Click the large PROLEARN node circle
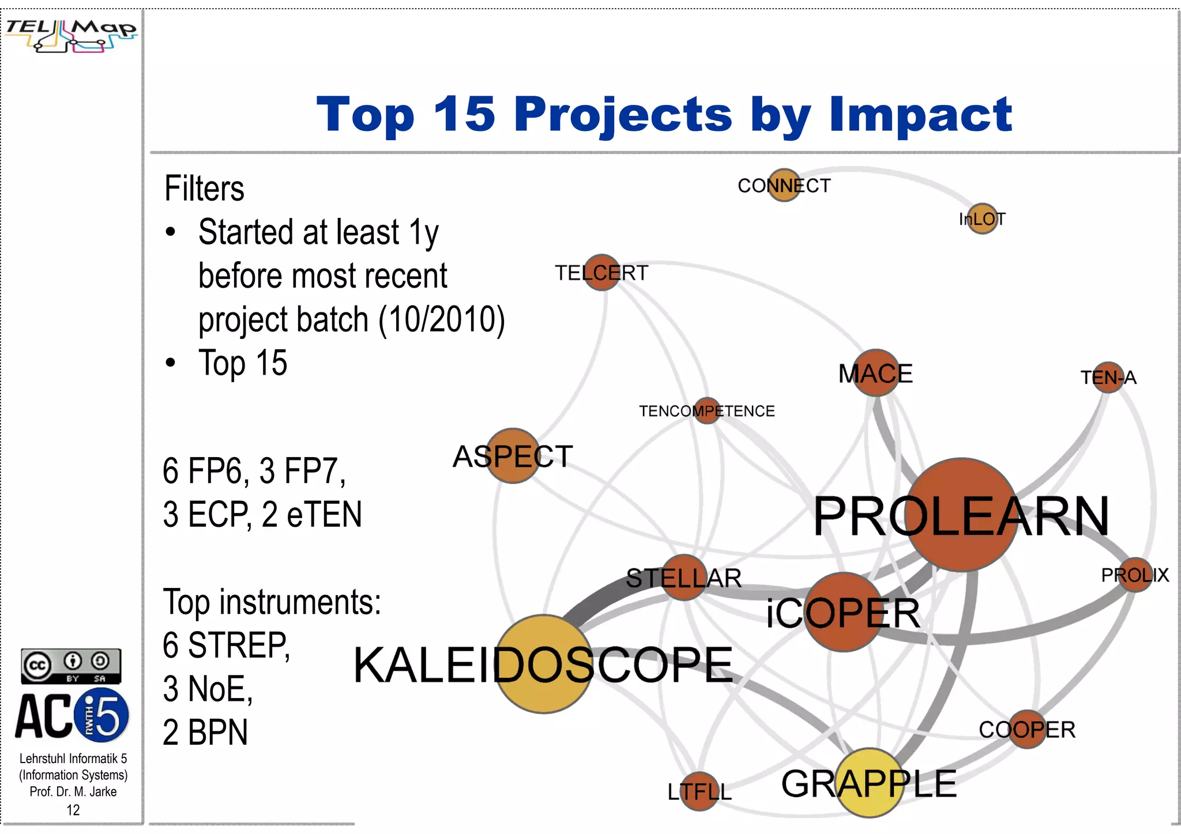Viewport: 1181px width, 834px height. [x=961, y=515]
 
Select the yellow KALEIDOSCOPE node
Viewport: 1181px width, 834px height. [x=544, y=664]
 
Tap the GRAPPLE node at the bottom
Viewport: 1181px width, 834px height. [x=870, y=783]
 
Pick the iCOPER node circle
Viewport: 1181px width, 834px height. [x=843, y=612]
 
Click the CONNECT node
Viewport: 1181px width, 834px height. [x=784, y=185]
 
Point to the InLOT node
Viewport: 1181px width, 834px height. [x=983, y=219]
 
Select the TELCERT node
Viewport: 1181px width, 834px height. [x=601, y=273]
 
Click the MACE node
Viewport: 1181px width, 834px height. [x=876, y=373]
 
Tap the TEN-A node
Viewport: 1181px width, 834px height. [x=1108, y=378]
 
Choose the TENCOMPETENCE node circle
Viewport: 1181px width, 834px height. [x=707, y=411]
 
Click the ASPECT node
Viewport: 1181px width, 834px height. [x=513, y=456]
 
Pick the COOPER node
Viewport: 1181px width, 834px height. [x=1027, y=729]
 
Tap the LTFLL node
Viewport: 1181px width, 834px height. [x=699, y=791]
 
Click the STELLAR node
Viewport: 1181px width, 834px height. [x=684, y=578]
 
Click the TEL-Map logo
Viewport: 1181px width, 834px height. [x=71, y=35]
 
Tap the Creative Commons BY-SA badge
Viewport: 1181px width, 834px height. [x=71, y=666]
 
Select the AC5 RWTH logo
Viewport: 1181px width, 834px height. [x=72, y=716]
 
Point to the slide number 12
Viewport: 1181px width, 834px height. [x=73, y=810]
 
